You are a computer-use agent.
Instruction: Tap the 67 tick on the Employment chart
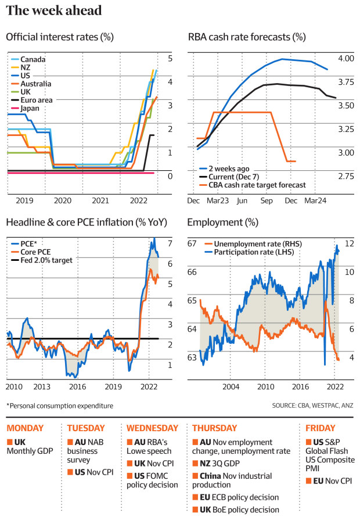tap(192, 243)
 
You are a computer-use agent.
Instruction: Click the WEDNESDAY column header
tap(152, 428)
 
